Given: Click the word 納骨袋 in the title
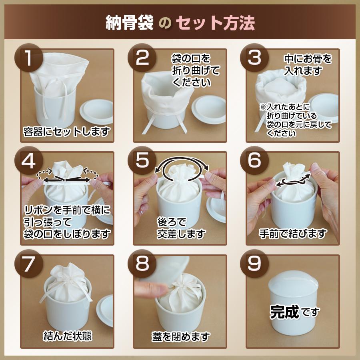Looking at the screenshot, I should coord(129,23).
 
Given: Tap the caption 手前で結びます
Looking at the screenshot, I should coord(292,233).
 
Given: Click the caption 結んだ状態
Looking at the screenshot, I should coord(67,336).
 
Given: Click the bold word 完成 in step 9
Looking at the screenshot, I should coord(284,311).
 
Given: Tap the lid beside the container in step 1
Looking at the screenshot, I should coord(98,110).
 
